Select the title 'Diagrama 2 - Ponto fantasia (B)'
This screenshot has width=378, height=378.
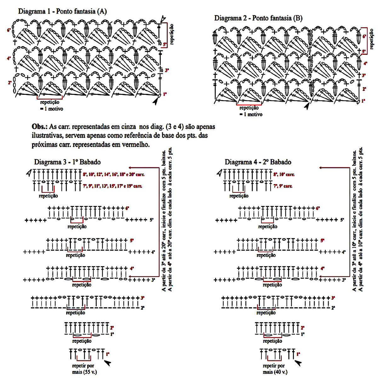coord(258,18)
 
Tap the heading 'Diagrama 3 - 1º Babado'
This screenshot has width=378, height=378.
coord(67,162)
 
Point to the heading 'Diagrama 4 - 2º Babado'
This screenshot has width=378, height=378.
coord(258,162)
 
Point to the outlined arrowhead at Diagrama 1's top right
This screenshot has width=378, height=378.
coord(163,19)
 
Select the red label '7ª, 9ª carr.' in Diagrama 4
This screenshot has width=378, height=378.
coord(283,186)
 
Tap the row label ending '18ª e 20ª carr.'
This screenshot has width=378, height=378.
coord(114,174)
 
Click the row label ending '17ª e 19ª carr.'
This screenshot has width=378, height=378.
coord(114,186)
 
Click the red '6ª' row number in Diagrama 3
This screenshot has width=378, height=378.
coord(127,208)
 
